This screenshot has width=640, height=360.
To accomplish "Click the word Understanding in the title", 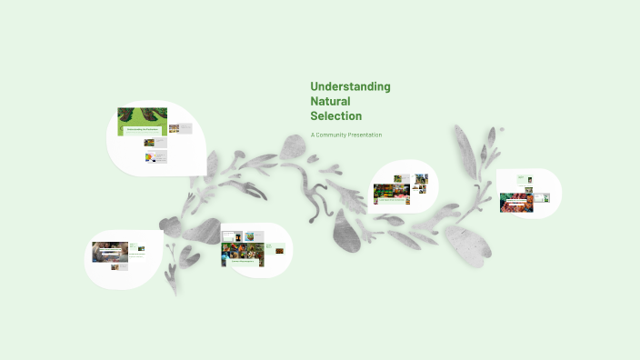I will point(350,86).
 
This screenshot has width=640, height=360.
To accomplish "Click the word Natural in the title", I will point(330,101).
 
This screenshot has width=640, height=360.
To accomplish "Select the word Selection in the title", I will point(335,116).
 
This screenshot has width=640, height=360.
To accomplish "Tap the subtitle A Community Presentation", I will point(345,135).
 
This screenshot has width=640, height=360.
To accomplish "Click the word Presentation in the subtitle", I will point(367,135).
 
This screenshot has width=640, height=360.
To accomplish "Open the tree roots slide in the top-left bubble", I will point(142,122).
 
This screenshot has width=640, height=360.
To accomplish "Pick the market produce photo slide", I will point(391,194).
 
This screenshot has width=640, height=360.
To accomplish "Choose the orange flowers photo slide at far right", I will point(515,202).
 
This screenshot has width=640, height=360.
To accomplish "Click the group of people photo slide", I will point(110,251).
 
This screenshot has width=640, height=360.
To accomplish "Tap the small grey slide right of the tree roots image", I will point(179,128).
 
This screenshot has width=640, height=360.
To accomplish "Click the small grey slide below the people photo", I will point(117,266).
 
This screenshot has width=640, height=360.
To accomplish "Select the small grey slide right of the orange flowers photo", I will point(541,197).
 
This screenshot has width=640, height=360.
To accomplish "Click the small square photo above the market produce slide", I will point(422,179).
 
